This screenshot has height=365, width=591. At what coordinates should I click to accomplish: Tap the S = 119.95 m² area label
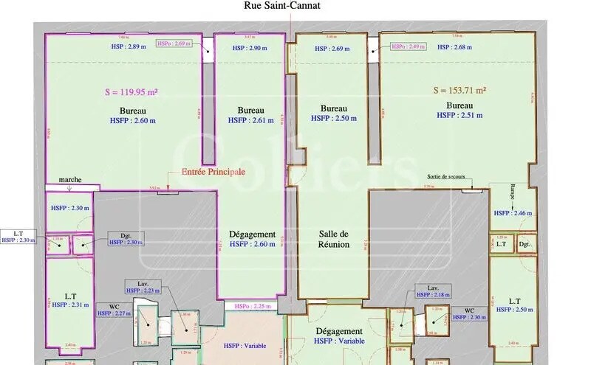(x=134, y=93)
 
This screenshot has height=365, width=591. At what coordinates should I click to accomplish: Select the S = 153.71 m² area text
(x=459, y=91)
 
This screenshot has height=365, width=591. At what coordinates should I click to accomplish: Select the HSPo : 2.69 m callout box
(x=174, y=44)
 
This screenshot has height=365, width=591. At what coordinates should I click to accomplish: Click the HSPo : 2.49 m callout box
(x=408, y=46)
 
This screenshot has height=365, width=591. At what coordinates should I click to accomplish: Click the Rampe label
(x=512, y=190)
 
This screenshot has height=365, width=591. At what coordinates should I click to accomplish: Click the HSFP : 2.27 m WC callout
(x=114, y=313)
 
